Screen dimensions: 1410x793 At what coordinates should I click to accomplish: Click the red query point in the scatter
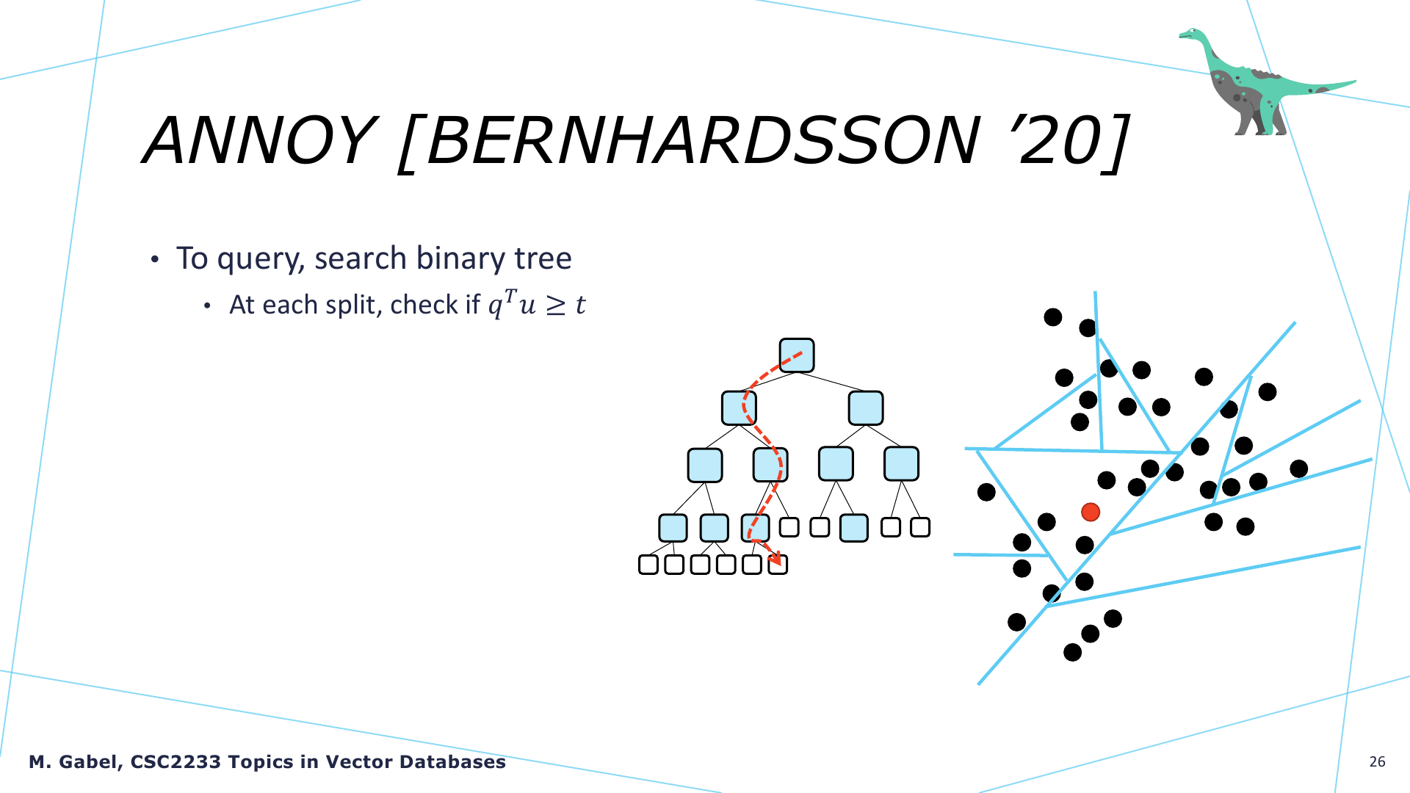click(x=1091, y=512)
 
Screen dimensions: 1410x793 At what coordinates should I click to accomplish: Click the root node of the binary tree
click(x=797, y=355)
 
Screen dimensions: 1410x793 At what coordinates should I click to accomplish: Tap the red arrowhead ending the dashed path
click(x=775, y=557)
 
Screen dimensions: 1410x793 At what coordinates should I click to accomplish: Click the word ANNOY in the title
click(x=258, y=140)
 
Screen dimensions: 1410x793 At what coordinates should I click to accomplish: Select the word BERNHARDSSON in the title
click(x=702, y=140)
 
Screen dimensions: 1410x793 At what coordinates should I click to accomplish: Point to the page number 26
click(x=1377, y=761)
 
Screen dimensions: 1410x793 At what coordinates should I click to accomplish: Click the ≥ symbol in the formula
click(x=556, y=305)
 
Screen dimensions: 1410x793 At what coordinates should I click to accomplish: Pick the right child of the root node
click(x=865, y=408)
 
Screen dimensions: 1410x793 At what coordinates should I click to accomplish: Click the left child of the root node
click(x=739, y=408)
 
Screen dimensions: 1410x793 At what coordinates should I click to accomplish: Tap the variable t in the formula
click(x=580, y=305)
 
